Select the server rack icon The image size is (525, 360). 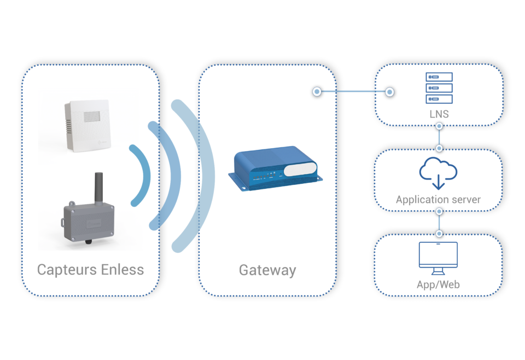point(439,88)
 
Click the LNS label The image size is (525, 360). point(439,114)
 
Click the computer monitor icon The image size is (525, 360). point(438,258)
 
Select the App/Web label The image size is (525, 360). point(438,284)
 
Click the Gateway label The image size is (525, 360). point(267,270)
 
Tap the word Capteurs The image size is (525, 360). point(68,270)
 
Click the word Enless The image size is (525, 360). point(123,270)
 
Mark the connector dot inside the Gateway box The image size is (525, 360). point(317,92)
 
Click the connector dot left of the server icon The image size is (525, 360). point(389,92)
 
